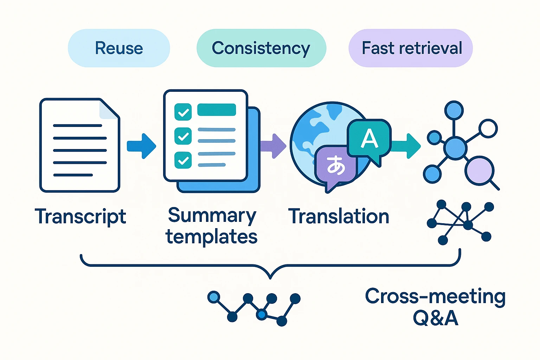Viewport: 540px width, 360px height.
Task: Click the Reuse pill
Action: point(119,48)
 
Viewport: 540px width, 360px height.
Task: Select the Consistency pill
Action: point(261,48)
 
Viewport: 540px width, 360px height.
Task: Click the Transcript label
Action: point(81,216)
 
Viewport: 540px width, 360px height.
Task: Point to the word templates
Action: point(212,237)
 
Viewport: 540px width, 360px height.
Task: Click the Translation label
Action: point(339,216)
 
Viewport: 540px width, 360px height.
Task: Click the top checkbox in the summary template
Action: point(183,112)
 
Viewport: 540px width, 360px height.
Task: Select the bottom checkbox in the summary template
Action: point(183,160)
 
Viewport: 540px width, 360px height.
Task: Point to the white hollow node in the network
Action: point(488,129)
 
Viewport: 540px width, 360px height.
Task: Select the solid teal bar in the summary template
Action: point(217,110)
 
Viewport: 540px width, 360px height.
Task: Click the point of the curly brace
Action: point(270,278)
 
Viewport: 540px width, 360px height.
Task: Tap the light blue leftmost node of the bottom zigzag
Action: point(213,297)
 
